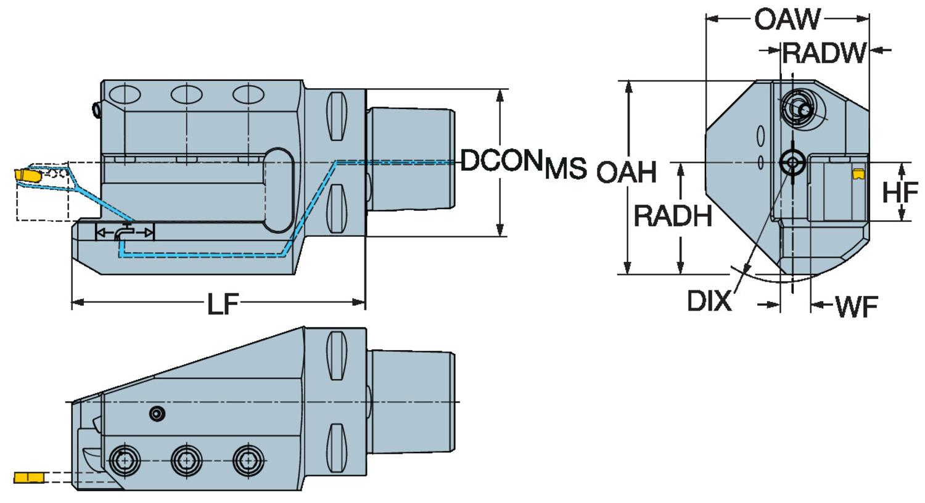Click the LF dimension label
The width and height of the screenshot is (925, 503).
[223, 303]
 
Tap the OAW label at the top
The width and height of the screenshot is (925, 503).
[787, 20]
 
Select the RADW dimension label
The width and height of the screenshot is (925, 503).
[824, 53]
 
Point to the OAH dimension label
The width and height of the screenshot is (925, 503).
[626, 172]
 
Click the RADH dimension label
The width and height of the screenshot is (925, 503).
[673, 216]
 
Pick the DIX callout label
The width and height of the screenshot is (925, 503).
[709, 301]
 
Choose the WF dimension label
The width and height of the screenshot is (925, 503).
[857, 306]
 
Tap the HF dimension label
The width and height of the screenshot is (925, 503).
[900, 193]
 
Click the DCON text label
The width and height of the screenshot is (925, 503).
[501, 161]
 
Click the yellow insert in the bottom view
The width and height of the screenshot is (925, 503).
[28, 477]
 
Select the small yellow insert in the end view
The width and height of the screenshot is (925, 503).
[857, 174]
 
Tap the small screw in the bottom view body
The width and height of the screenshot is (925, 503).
[158, 414]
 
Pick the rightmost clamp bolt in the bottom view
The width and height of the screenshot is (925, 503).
[248, 460]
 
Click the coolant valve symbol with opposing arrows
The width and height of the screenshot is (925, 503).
[125, 232]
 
